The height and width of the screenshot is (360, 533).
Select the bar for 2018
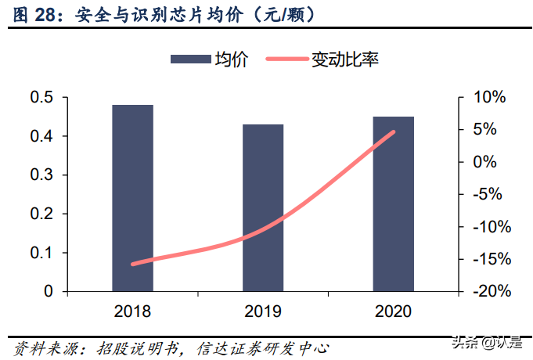(x=132, y=198)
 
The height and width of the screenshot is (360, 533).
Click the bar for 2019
(x=263, y=207)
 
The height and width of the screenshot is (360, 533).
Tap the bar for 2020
(x=393, y=203)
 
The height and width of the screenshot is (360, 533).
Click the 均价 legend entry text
(x=232, y=59)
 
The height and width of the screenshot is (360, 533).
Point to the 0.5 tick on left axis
(x=42, y=98)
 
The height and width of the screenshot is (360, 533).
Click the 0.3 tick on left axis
(x=42, y=175)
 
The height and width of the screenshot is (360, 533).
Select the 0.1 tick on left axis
(x=42, y=253)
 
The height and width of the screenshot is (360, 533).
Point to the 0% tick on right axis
(x=486, y=162)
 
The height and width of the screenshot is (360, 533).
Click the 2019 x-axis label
(x=263, y=311)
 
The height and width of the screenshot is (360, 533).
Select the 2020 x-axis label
(x=393, y=311)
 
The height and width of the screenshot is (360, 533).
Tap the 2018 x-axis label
(x=132, y=311)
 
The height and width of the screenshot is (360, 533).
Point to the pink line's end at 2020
(x=393, y=131)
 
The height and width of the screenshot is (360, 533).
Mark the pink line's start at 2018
(x=132, y=264)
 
